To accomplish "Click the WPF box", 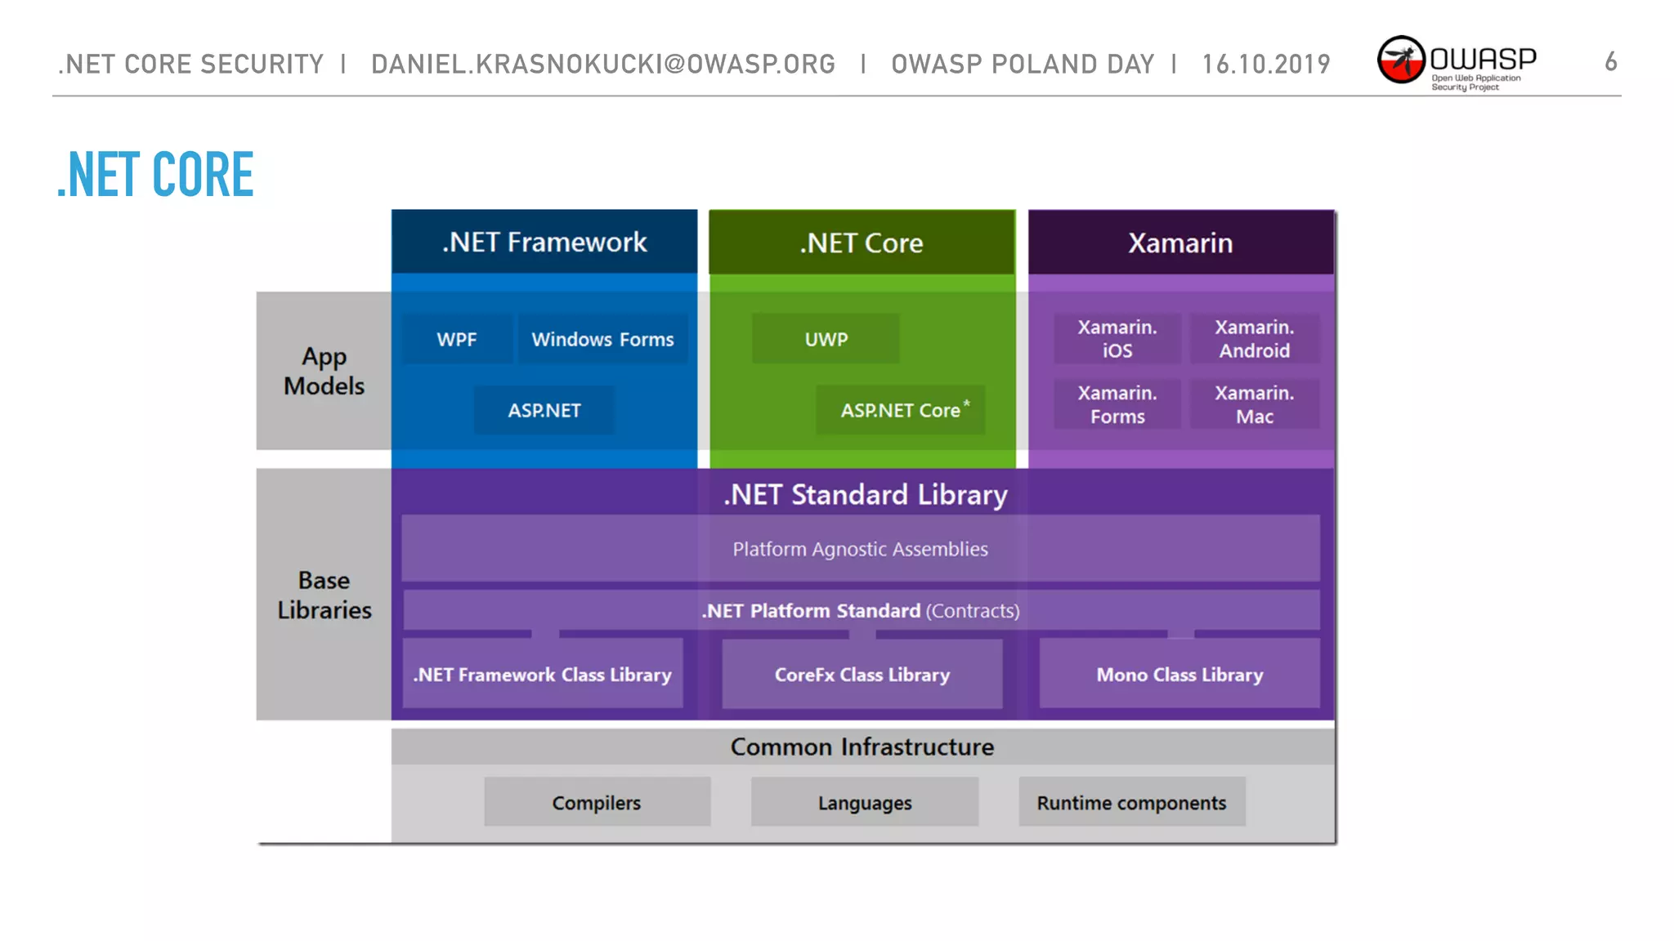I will (457, 339).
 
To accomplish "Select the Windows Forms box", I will (602, 339).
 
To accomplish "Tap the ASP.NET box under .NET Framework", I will (544, 410).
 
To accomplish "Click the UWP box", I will (826, 339).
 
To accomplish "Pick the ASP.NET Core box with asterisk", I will (901, 410).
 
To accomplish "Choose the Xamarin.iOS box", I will (1117, 339).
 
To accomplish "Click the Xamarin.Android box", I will (1255, 339).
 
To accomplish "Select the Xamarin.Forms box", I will (1117, 404).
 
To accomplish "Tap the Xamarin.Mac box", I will (1255, 404).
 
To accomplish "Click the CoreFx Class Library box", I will (862, 675).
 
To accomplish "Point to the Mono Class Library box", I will (1179, 675).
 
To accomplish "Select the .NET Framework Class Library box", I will (543, 675).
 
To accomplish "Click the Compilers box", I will (597, 802).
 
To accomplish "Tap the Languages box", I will (865, 802).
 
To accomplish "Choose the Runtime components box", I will (1132, 802).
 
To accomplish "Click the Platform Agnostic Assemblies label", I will (860, 549).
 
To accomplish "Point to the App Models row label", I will (324, 371).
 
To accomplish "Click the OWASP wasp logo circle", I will (1401, 60).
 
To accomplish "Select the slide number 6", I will (1610, 62).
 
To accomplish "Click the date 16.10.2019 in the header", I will (1266, 64).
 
